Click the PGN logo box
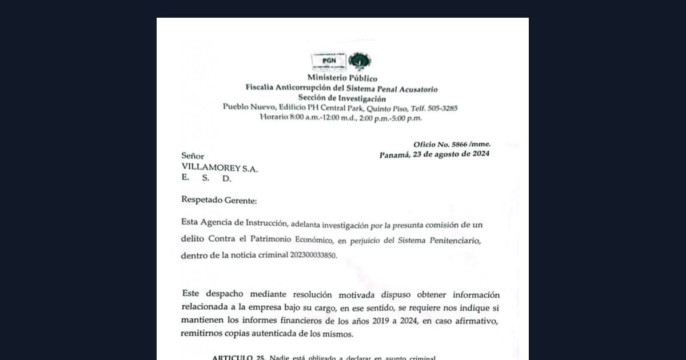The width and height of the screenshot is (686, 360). [329, 61]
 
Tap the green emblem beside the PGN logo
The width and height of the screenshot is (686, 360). [360, 61]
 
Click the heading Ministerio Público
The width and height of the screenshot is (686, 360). [342, 78]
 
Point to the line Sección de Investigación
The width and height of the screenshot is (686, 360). [342, 98]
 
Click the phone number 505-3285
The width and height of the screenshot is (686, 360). [442, 108]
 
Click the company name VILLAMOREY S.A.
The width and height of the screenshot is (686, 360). [220, 167]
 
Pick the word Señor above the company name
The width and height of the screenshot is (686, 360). [193, 156]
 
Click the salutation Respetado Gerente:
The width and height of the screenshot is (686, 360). [219, 200]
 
